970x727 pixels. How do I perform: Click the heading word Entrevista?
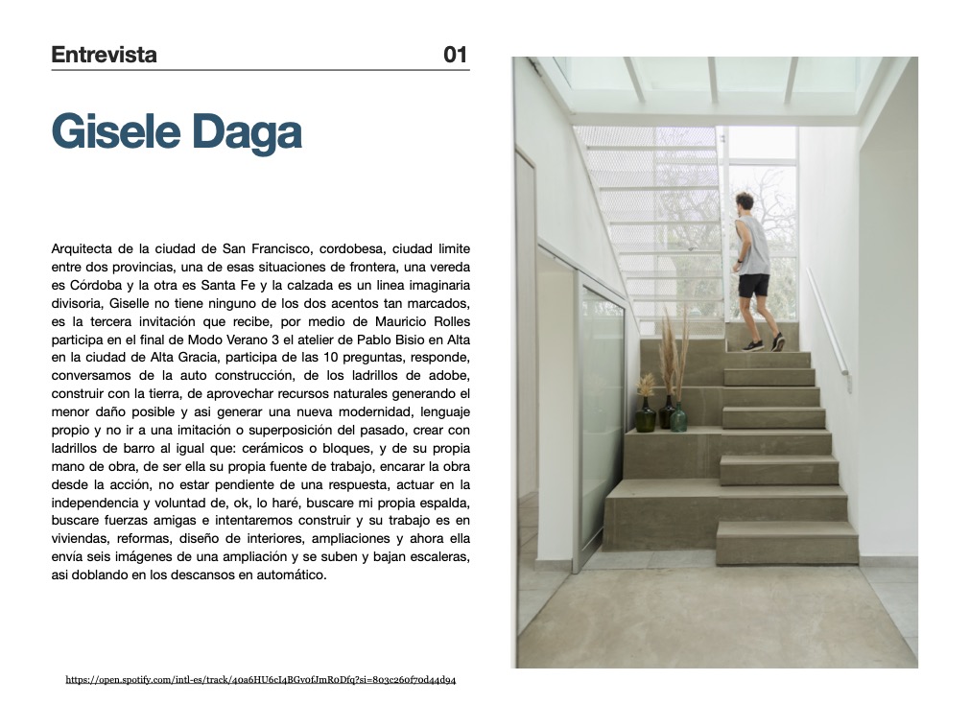pyautogui.click(x=104, y=55)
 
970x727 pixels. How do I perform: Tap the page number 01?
pyautogui.click(x=456, y=55)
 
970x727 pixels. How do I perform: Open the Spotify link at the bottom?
pyautogui.click(x=261, y=680)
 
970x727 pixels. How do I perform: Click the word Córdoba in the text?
pyautogui.click(x=99, y=285)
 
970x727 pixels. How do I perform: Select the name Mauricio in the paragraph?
pyautogui.click(x=395, y=320)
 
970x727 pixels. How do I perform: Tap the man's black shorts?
pyautogui.click(x=754, y=285)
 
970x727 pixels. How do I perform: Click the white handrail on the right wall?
pyautogui.click(x=827, y=322)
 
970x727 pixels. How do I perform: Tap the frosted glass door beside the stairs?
pyautogui.click(x=601, y=422)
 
